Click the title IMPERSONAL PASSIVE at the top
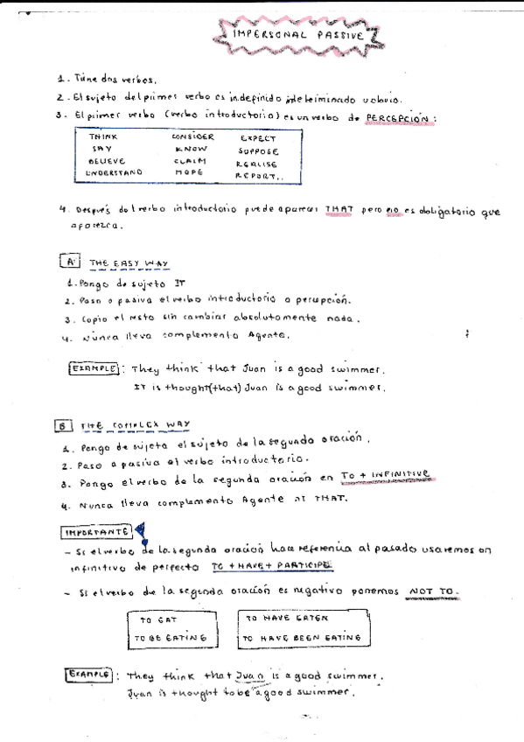pyautogui.click(x=298, y=35)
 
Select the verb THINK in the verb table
pyautogui.click(x=103, y=137)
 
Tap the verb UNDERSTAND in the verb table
pyautogui.click(x=114, y=173)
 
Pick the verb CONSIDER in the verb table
pyautogui.click(x=192, y=137)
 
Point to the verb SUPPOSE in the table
pyautogui.click(x=258, y=150)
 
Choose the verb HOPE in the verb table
pyautogui.click(x=188, y=173)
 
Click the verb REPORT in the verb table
pyautogui.click(x=259, y=175)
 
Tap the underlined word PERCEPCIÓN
pyautogui.click(x=398, y=118)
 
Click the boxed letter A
pyautogui.click(x=71, y=262)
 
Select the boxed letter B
pyautogui.click(x=63, y=425)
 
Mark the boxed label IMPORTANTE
pyautogui.click(x=97, y=532)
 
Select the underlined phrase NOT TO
pyautogui.click(x=434, y=591)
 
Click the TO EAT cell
pyautogui.click(x=159, y=619)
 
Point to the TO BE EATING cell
pyautogui.click(x=172, y=639)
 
